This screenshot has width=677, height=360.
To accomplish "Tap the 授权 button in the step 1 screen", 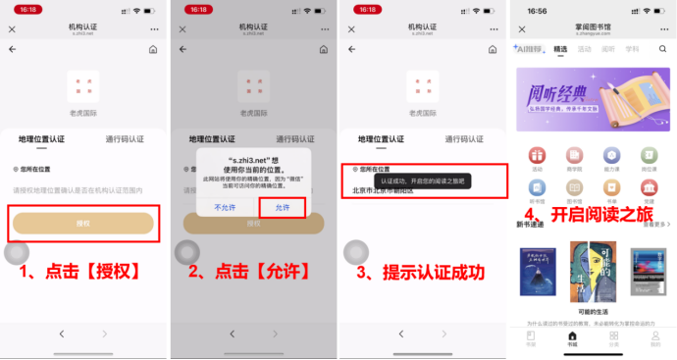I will coord(82,224).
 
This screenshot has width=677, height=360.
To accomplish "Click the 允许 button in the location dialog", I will coord(283,208).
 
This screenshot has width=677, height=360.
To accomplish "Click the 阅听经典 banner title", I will coord(563,94).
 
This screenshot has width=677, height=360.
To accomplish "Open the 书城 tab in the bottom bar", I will coord(572,340).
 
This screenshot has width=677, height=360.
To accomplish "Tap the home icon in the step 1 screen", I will coord(153,49).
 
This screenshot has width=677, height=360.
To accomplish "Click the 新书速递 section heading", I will coord(530,225).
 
